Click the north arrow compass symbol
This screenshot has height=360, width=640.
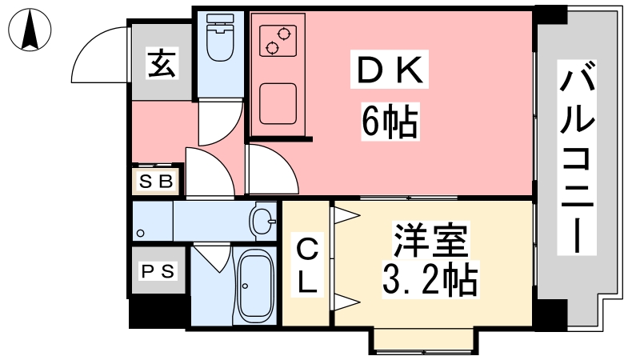[x=30, y=30]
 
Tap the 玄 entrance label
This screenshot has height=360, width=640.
[x=162, y=63]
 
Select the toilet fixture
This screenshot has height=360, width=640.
[x=221, y=37]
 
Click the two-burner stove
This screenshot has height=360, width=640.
[x=278, y=41]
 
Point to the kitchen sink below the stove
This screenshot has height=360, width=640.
[x=278, y=103]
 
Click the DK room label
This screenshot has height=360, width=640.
[x=390, y=70]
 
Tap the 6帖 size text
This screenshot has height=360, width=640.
[x=390, y=122]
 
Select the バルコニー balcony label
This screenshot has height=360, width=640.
[x=576, y=158]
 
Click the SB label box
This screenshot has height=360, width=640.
[x=157, y=181]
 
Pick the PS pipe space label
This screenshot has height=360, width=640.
[x=158, y=271]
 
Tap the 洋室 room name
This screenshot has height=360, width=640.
[x=430, y=239]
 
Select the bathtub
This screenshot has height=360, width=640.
[x=255, y=286]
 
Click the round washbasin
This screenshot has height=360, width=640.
[x=263, y=222]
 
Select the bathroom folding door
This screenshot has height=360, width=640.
[x=212, y=258]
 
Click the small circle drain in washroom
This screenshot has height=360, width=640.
[x=141, y=233]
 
